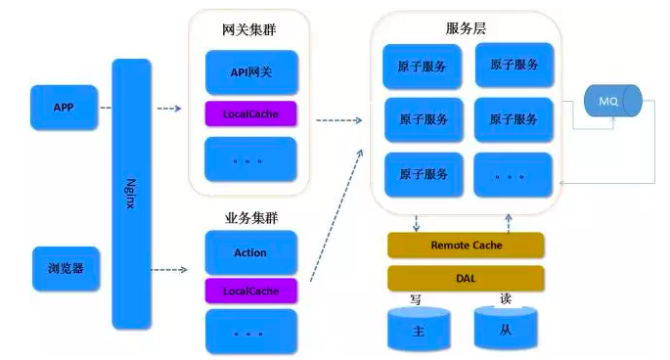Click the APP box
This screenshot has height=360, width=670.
[x=65, y=107]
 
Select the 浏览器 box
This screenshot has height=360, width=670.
[x=65, y=268]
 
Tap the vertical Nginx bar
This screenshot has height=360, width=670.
[x=131, y=193]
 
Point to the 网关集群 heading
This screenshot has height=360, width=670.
[x=249, y=29]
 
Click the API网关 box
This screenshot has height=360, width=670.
[x=250, y=72]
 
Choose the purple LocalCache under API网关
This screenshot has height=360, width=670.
[x=250, y=113]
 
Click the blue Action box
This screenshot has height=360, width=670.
[x=250, y=252]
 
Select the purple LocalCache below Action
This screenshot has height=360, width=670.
[x=250, y=291]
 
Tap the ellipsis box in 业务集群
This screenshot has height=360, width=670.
[x=250, y=332]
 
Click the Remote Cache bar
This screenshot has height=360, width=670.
[x=466, y=246]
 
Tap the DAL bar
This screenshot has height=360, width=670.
[x=466, y=278]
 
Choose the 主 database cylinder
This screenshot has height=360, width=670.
[x=419, y=330]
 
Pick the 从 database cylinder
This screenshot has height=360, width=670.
[x=505, y=329]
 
